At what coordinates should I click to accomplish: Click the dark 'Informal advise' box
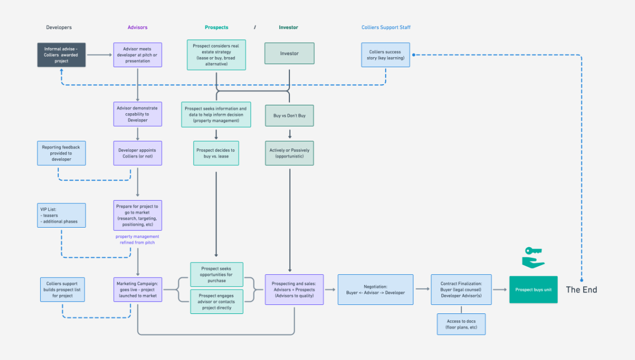(x=61, y=55)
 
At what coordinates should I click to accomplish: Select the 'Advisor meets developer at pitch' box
(x=138, y=55)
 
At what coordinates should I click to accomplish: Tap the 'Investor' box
(x=289, y=53)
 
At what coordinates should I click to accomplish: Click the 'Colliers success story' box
(x=386, y=55)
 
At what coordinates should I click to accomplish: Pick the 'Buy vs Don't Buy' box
(x=289, y=115)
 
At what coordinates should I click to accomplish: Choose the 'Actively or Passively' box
(x=289, y=153)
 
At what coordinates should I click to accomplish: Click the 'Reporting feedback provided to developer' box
(x=61, y=152)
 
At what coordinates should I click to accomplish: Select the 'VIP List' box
(x=61, y=215)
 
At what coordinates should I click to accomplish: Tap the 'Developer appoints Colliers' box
(x=138, y=153)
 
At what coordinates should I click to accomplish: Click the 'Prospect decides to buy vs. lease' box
(x=216, y=153)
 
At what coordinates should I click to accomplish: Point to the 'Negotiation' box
(x=376, y=290)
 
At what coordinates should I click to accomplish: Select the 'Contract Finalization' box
(x=461, y=290)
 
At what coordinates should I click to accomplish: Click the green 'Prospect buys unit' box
(x=533, y=290)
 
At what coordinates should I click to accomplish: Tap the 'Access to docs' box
(x=461, y=324)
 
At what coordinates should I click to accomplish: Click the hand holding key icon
(x=533, y=258)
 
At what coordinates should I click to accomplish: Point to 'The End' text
(x=582, y=290)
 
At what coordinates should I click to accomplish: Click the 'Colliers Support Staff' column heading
(x=386, y=28)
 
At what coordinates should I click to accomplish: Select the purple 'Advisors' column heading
(x=138, y=28)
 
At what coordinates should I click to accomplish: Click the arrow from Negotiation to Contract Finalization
(x=422, y=290)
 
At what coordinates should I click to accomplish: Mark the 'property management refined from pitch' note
(x=138, y=239)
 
